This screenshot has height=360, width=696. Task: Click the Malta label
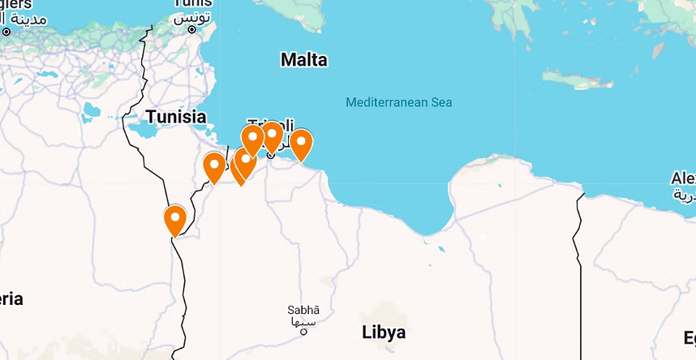click(x=303, y=60)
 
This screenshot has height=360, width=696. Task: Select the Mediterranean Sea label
click(x=398, y=102)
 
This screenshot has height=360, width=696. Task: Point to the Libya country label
click(x=383, y=332)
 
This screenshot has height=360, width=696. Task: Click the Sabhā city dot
click(x=303, y=331)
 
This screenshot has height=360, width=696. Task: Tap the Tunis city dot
click(x=192, y=30)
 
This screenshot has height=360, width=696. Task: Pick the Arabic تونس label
click(x=193, y=16)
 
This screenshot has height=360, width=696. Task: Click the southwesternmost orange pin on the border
click(x=174, y=220)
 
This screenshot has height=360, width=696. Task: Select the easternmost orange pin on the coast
click(x=301, y=144)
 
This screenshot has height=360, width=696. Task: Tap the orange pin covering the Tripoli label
click(x=273, y=135)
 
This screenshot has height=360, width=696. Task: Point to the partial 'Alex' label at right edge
click(x=682, y=178)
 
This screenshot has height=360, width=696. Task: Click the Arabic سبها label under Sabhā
click(x=303, y=321)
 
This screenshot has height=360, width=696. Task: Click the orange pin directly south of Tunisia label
click(x=214, y=167)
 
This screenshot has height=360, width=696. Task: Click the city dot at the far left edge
click(x=6, y=32)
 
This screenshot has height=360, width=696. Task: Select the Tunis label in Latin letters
click(x=193, y=3)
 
